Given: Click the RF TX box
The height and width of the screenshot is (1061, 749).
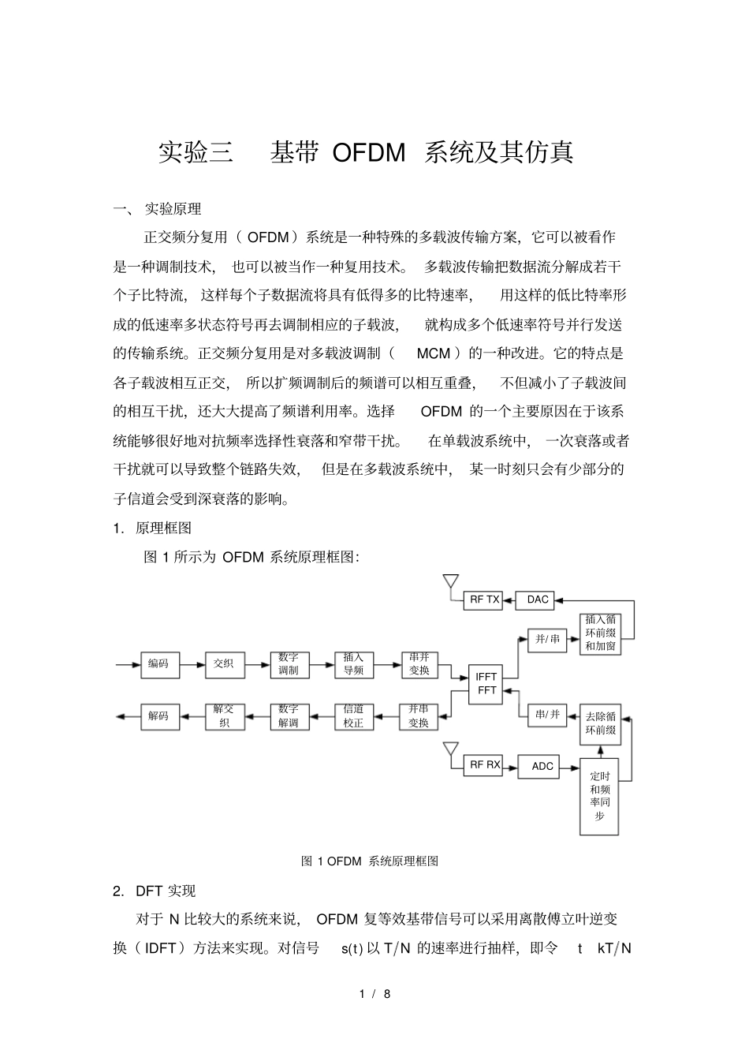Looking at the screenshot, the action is [x=484, y=600].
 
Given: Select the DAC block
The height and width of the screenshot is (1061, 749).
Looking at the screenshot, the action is [x=537, y=600].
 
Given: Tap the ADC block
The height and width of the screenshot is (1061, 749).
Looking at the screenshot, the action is [x=542, y=766].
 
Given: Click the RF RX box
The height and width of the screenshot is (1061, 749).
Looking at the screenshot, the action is [x=485, y=764].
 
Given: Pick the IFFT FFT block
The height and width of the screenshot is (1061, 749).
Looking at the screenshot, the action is [x=486, y=683].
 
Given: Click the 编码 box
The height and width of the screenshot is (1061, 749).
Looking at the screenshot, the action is [x=159, y=664].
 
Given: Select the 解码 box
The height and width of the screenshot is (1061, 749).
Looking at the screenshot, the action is [x=159, y=715].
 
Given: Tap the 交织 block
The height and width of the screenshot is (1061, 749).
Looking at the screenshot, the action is [x=224, y=664].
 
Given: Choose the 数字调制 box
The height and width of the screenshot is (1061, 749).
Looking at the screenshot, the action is [x=289, y=664].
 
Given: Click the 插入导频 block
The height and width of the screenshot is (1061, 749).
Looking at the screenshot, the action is [x=353, y=664].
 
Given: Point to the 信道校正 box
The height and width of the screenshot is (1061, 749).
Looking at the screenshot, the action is [x=353, y=715].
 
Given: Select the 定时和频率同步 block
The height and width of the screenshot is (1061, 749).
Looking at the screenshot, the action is [x=600, y=796].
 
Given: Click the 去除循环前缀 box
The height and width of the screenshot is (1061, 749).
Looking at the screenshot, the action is [x=600, y=723].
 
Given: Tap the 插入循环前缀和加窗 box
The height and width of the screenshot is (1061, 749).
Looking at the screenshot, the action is [x=600, y=633].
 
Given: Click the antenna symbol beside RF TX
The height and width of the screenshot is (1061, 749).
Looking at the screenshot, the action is [x=450, y=582].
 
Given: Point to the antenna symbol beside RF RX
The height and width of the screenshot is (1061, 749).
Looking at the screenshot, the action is [x=450, y=749].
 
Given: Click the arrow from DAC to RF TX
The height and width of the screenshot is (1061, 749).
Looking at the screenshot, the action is [x=509, y=600].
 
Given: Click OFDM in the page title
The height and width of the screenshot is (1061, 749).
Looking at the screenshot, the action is [x=368, y=151].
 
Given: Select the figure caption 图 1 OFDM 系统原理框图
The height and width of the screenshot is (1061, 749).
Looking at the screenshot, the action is [x=370, y=861].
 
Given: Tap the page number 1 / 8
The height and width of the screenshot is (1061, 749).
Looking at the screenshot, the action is [x=374, y=994].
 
